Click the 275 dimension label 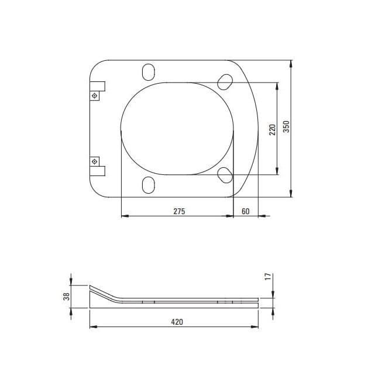179,211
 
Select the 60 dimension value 246,211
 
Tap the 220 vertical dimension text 272,129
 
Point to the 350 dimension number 286,126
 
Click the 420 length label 177,322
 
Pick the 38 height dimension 67,297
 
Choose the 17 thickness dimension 268,277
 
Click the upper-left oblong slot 149,72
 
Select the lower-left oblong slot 149,185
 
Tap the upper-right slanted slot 225,82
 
